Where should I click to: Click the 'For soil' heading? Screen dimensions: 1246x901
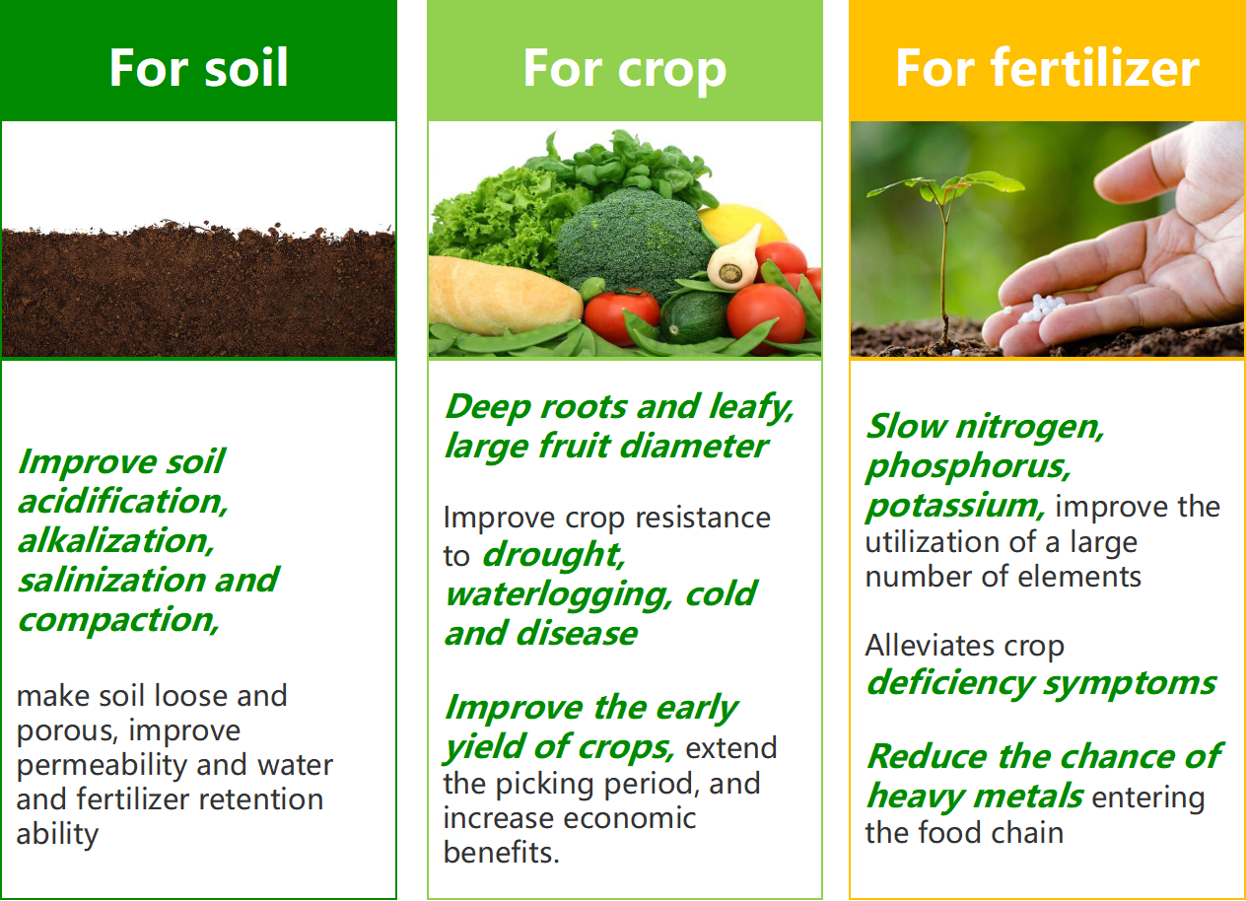pos(198,67)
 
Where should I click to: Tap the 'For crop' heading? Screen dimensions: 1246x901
pos(625,70)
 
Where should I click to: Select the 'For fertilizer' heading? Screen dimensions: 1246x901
pos(1048,67)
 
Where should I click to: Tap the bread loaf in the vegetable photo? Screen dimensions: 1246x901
pos(504,296)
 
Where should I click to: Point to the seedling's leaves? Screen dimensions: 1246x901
pos(945,187)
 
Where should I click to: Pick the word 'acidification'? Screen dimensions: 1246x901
pos(123,501)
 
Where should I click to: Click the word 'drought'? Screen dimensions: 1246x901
pos(553,555)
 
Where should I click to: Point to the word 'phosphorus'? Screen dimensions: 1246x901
pos(968,466)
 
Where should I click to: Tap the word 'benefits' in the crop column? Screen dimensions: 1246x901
pos(501,852)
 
